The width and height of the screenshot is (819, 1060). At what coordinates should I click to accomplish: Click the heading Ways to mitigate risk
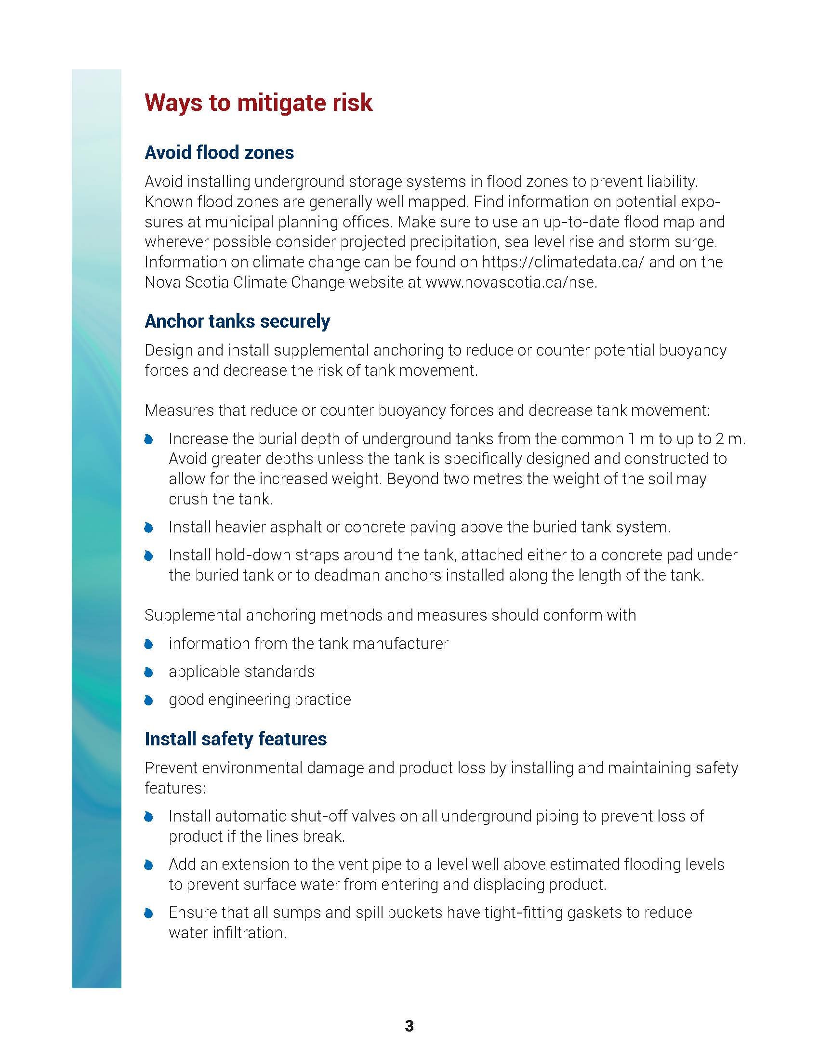(258, 103)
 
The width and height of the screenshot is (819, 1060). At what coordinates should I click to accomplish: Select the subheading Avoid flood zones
(219, 152)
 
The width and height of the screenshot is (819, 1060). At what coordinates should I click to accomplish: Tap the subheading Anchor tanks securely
(237, 321)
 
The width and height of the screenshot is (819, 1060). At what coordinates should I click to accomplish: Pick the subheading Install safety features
(235, 739)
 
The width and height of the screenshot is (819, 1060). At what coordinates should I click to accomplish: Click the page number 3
(409, 1026)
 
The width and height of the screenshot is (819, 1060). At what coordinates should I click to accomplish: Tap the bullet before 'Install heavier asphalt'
(149, 528)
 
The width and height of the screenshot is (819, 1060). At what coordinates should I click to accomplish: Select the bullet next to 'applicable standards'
(149, 672)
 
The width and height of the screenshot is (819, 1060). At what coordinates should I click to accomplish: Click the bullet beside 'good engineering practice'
(149, 700)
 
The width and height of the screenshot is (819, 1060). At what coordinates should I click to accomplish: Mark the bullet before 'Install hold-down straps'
(149, 556)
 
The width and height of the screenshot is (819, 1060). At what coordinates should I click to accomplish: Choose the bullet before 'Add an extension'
(149, 865)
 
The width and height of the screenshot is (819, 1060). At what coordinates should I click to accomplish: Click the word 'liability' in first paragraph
(672, 182)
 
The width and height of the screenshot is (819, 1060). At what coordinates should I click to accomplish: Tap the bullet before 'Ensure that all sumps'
(149, 914)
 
